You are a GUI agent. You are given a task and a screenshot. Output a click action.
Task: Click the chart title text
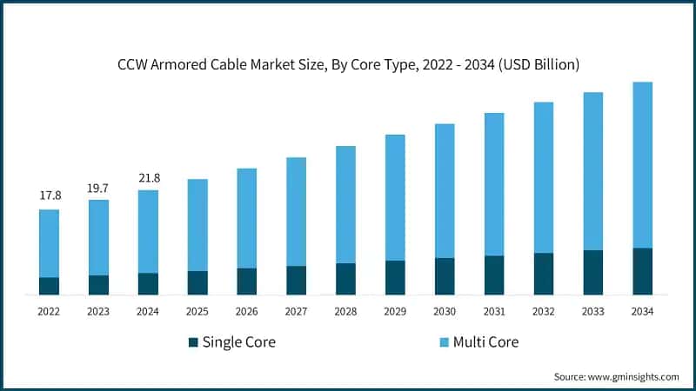click(x=348, y=64)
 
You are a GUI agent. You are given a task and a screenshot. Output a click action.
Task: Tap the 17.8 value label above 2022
click(x=50, y=195)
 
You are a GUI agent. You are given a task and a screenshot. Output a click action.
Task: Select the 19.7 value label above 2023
click(x=99, y=187)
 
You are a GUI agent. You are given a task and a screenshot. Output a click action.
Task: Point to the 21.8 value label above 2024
click(x=149, y=177)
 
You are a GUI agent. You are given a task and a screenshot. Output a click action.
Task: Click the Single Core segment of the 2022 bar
click(x=50, y=286)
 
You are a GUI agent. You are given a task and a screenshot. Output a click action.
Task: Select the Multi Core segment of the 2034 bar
click(x=642, y=165)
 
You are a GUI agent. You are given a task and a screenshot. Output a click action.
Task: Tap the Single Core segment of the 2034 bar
click(x=642, y=271)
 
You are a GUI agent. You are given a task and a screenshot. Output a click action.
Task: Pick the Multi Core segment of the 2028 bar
click(x=346, y=204)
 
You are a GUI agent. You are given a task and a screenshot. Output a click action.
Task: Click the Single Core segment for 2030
click(x=445, y=275)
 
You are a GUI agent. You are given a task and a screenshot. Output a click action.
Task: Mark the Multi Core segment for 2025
click(x=197, y=225)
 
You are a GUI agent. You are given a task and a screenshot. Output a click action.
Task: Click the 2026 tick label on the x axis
click(x=247, y=311)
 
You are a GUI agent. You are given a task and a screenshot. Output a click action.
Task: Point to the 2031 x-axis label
click(x=494, y=311)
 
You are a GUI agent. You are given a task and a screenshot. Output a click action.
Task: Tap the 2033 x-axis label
click(x=592, y=311)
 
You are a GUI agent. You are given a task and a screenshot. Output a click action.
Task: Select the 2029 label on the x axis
click(x=395, y=311)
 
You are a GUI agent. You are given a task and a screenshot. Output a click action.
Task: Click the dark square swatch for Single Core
click(x=193, y=342)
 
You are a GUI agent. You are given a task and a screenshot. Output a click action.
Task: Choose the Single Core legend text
click(x=238, y=342)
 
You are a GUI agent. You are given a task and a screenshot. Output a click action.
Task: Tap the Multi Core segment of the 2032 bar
click(x=543, y=177)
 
